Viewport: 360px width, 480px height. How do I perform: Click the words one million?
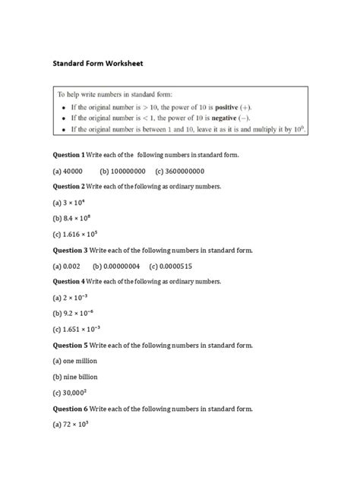coord(79,361)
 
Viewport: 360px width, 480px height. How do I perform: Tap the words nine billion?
coord(79,377)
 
